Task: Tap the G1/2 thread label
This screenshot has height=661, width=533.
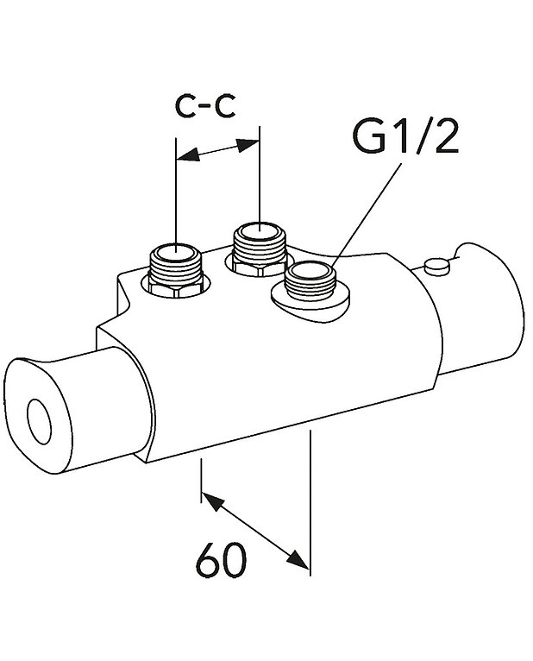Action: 406,138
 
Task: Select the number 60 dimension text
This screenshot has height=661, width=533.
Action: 221,563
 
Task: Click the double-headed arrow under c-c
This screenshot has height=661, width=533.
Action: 217,152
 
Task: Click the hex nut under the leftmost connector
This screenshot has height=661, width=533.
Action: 176,289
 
